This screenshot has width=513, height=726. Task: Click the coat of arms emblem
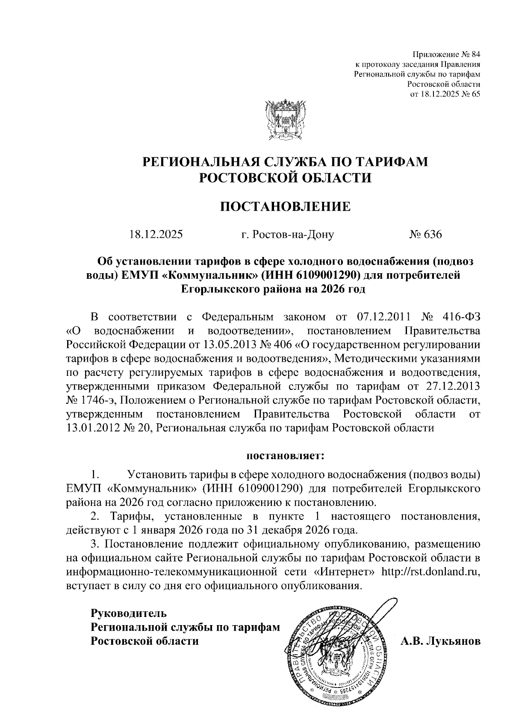pyautogui.click(x=284, y=121)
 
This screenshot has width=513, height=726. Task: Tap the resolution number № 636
pyautogui.click(x=425, y=234)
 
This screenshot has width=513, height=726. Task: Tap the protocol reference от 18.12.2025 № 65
pyautogui.click(x=445, y=94)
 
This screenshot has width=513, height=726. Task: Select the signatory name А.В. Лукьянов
pyautogui.click(x=440, y=641)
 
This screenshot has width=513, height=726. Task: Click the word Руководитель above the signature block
pyautogui.click(x=128, y=613)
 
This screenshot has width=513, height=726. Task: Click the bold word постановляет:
pyautogui.click(x=285, y=456)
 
